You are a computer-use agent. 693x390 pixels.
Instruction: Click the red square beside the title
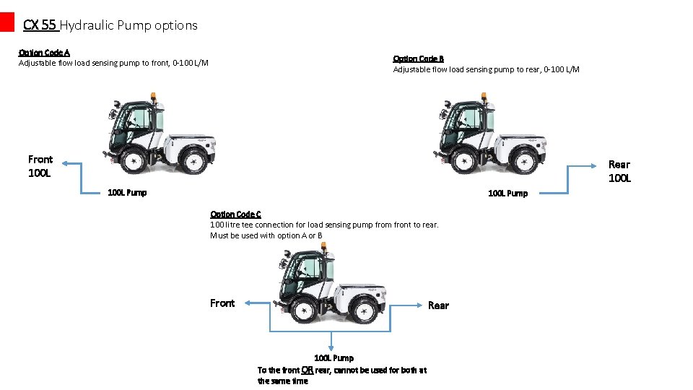pos(7,22)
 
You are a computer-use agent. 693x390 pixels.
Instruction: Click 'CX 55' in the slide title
pos(40,25)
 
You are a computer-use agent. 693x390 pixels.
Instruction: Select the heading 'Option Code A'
pos(44,52)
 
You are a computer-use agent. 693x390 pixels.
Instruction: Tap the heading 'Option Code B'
pos(418,58)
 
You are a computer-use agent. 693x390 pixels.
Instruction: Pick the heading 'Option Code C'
pos(235,214)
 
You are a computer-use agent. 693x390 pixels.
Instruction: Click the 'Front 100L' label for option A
pos(40,165)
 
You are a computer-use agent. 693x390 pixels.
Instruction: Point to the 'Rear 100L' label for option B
pos(619,171)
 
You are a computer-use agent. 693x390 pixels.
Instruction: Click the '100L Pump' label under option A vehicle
pos(127,192)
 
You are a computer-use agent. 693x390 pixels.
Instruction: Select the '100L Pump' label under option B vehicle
pos(507,193)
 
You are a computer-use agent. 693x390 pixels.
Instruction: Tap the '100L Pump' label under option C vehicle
pos(334,357)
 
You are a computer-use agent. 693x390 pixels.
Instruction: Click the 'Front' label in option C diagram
pos(222,303)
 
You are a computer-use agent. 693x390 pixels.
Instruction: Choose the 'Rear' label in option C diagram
pos(438,305)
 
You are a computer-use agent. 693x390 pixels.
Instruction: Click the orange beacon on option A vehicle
pos(152,97)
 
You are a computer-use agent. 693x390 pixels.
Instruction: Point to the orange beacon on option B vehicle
pos(483,96)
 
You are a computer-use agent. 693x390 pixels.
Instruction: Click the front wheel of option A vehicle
pos(133,161)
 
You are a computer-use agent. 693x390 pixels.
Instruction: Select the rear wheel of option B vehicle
pos(525,161)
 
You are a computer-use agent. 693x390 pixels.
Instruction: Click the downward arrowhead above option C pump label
pos(331,347)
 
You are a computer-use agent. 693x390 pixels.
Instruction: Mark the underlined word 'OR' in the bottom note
pos(307,370)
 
